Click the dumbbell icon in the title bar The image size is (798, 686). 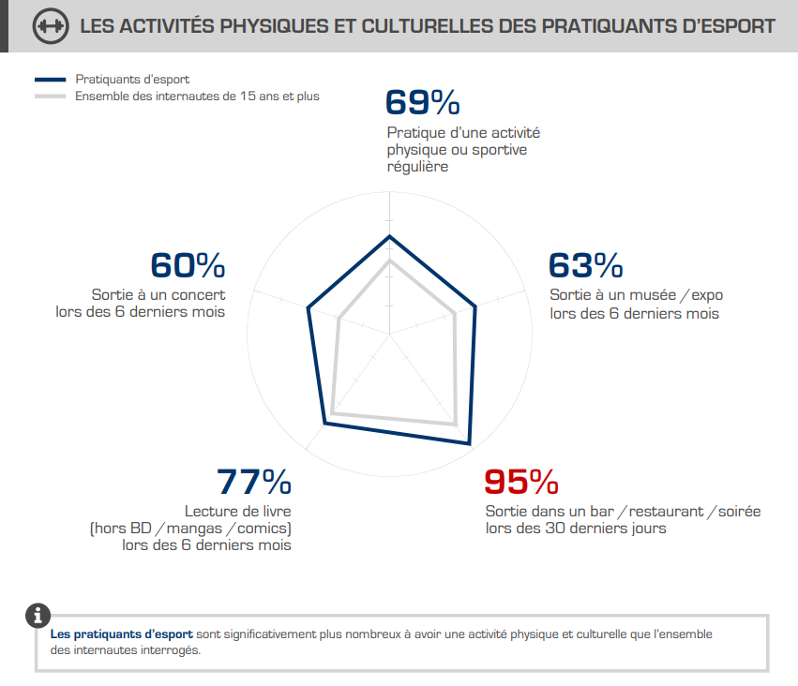pos(50,26)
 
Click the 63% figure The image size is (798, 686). pos(585,265)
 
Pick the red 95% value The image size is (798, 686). pos(520,482)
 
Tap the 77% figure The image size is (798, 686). pos(253,482)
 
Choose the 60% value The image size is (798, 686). pos(188,265)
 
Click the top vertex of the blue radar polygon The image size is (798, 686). pos(388,236)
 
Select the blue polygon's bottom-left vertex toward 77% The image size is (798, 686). pos(324,425)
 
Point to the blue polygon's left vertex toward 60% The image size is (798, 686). pos(308,306)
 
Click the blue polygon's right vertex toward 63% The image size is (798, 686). pos(476,306)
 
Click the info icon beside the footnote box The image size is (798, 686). pos(38,616)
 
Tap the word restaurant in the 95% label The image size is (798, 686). pos(665,511)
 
